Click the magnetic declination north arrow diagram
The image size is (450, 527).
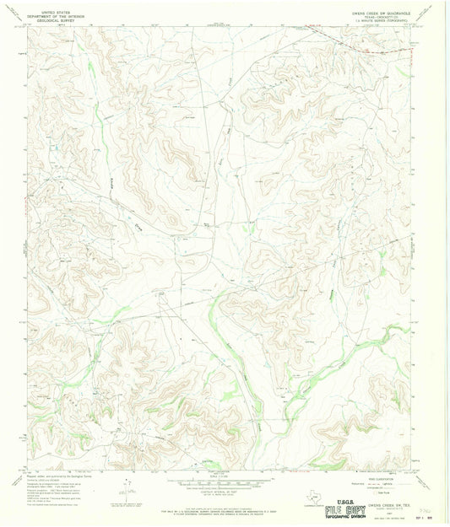(x=127, y=486)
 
